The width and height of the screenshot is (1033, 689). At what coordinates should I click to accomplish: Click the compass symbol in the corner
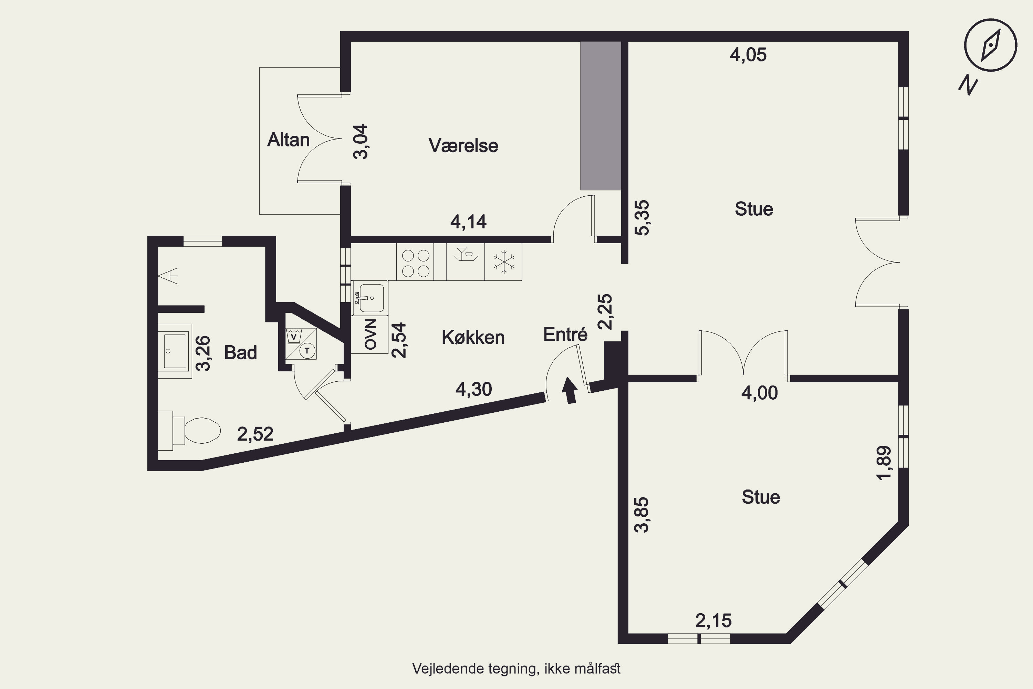pos(990,45)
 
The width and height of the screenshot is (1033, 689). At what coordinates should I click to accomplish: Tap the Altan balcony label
pos(289,140)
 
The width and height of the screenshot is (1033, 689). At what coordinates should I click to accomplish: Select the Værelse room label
pos(463,145)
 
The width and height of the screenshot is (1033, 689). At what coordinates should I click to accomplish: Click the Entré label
pos(565,335)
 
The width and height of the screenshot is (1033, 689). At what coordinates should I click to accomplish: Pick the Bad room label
pos(240,352)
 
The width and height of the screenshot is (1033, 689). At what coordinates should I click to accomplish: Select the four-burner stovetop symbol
pos(415,262)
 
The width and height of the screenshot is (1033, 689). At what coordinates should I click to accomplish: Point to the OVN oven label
pos(370,335)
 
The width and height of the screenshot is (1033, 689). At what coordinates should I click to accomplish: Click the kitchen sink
pos(370,298)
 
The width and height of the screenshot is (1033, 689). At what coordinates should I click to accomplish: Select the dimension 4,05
pos(748,55)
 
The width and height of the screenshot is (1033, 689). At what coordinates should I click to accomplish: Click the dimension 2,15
pos(713,621)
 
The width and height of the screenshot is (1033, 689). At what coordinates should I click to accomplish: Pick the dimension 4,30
pos(473,389)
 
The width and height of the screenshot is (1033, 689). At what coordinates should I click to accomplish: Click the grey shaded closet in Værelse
pos(601,115)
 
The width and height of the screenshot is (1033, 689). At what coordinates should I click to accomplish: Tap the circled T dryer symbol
pos(307,351)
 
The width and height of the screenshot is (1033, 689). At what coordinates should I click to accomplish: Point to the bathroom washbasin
pos(175,351)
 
